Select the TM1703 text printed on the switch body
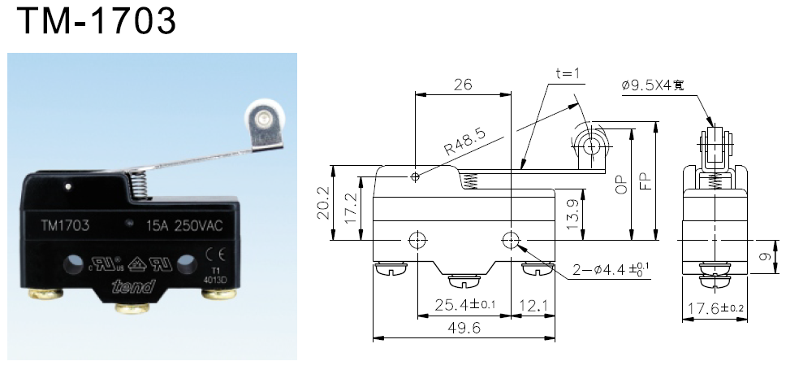click(x=65, y=225)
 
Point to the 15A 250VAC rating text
click(x=183, y=225)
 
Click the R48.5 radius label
click(x=464, y=144)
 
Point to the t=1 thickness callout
click(x=568, y=73)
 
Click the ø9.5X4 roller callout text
click(x=659, y=85)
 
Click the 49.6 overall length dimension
click(x=463, y=329)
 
